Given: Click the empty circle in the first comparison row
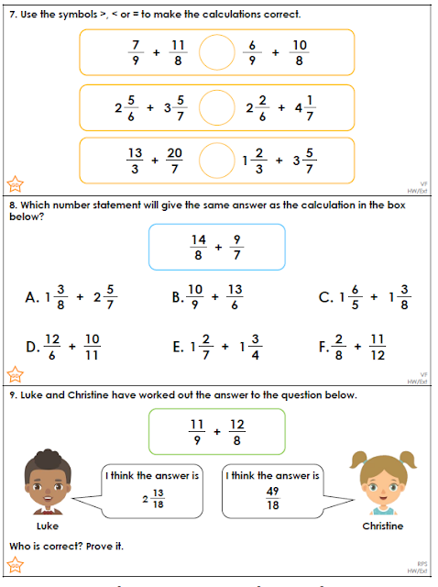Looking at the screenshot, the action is pos(217,53).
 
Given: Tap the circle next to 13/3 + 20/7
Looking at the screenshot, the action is pos(217,162).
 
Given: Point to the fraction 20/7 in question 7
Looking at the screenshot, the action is pos(175,162).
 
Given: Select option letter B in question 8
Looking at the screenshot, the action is pos(178,296).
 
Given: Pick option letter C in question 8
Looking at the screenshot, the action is pos(324,296).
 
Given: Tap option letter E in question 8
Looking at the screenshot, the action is pos(178,347).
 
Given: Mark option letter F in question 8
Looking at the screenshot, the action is pos(323,347).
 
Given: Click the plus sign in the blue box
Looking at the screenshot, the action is pos(217,247).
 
